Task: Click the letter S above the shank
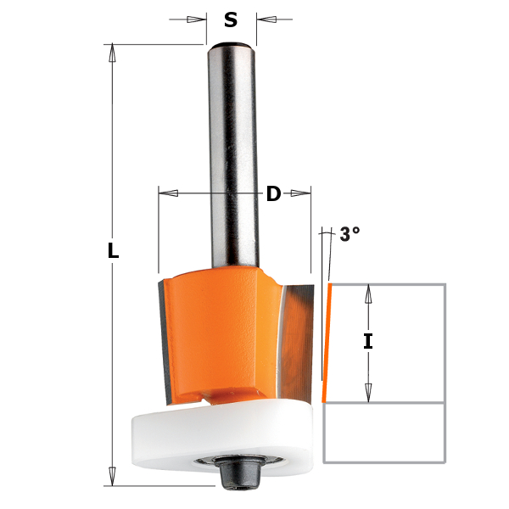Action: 231,20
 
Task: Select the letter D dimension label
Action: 273,194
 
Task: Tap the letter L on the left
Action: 113,252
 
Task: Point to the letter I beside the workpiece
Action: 367,342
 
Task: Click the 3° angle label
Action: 350,235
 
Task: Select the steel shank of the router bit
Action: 232,153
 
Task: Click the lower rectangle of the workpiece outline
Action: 384,433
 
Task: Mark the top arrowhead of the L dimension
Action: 112,53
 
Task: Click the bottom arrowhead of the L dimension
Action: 112,477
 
